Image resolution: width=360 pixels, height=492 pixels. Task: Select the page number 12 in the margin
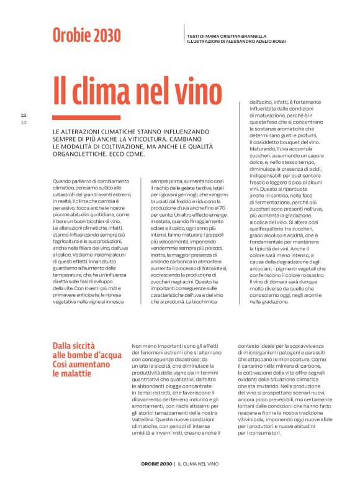pyautogui.click(x=23, y=116)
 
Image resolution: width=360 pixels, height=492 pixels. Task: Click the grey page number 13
pyautogui.click(x=23, y=122)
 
